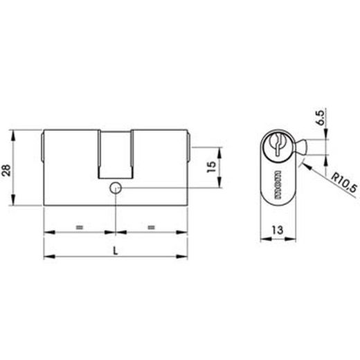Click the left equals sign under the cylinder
pyautogui.click(x=79, y=227)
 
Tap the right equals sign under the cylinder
pyautogui.click(x=152, y=227)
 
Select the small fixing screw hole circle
pyautogui.click(x=115, y=187)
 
